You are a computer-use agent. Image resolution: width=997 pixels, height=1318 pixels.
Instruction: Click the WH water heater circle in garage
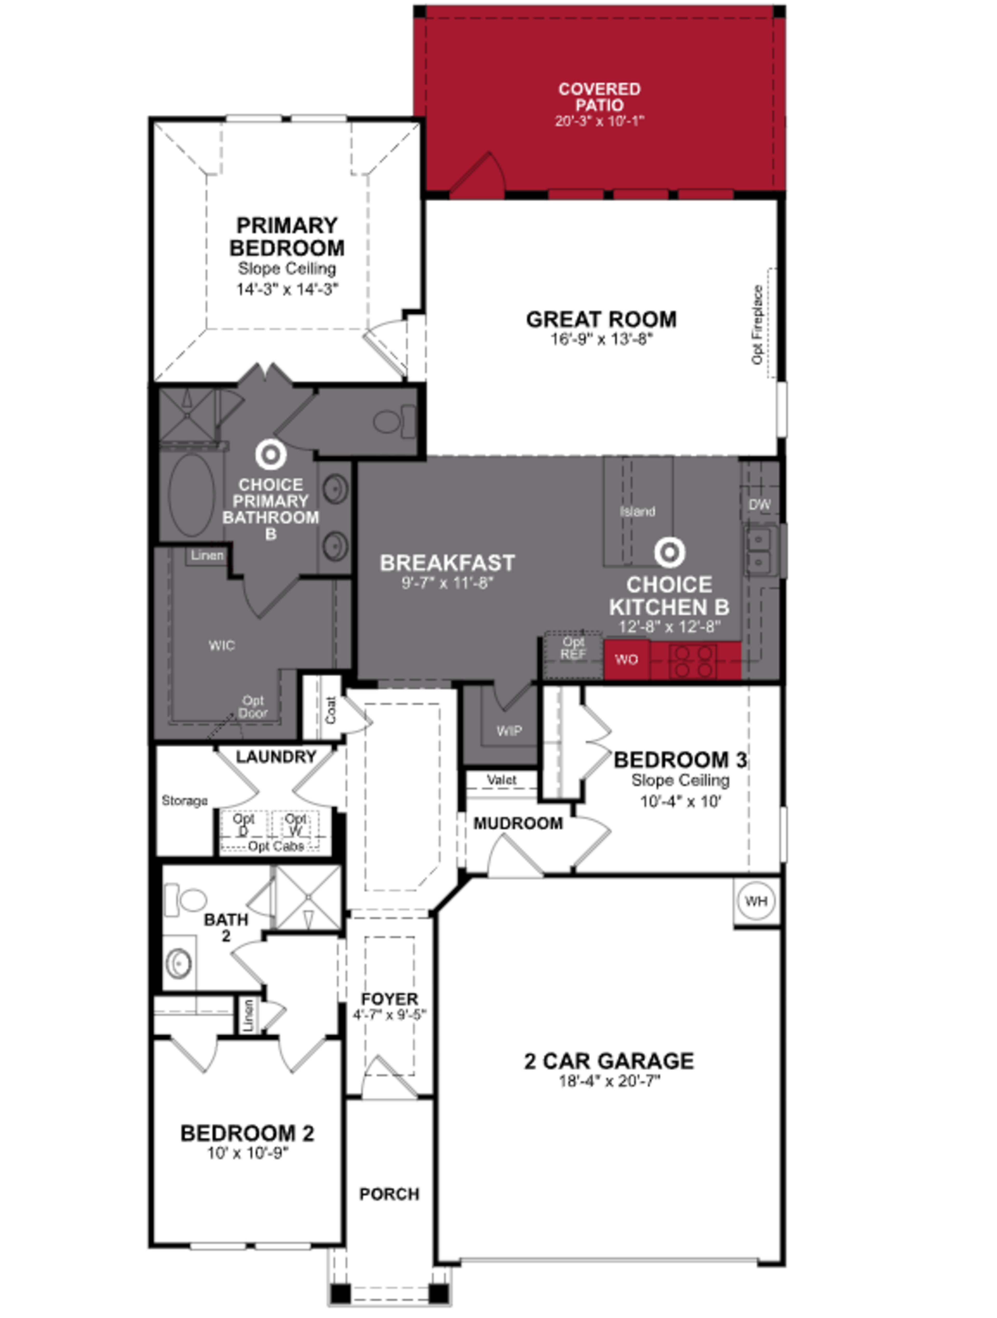[756, 901]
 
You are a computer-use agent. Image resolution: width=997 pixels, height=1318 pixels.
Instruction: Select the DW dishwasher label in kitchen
[759, 505]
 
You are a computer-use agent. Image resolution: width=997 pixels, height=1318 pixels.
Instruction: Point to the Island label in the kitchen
[637, 511]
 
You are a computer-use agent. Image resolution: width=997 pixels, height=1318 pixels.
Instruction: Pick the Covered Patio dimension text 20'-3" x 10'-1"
[599, 121]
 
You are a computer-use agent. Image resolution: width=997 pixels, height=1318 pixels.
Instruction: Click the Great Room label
[601, 319]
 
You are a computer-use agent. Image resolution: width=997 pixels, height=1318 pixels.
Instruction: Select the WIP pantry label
[508, 731]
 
